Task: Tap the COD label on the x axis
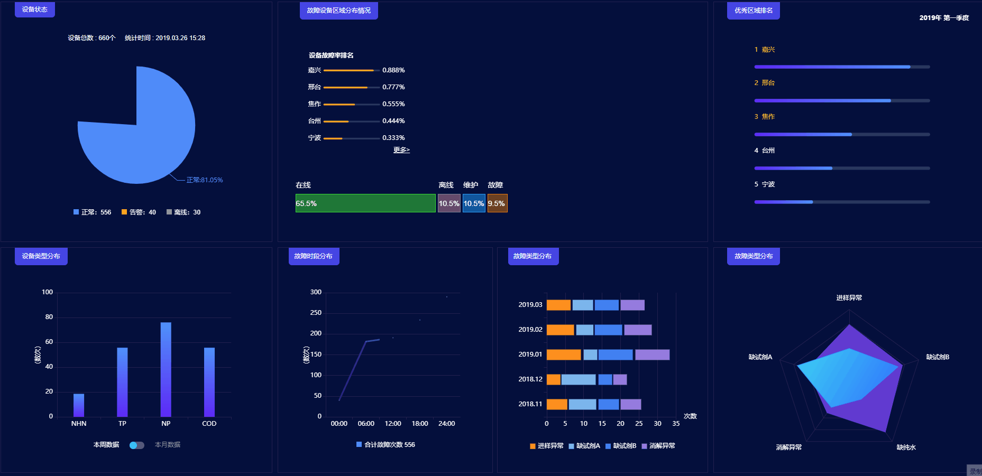pyautogui.click(x=209, y=424)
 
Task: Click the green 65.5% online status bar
pyautogui.click(x=365, y=203)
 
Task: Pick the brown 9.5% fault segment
pyautogui.click(x=497, y=203)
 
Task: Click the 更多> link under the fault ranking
pyautogui.click(x=401, y=150)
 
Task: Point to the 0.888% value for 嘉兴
pyautogui.click(x=393, y=70)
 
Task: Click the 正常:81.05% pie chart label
pyautogui.click(x=205, y=180)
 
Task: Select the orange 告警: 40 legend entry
pyautogui.click(x=139, y=212)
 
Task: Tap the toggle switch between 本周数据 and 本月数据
pyautogui.click(x=136, y=445)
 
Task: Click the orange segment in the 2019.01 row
pyautogui.click(x=563, y=354)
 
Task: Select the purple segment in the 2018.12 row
pyautogui.click(x=620, y=379)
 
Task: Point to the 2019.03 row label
pyautogui.click(x=530, y=305)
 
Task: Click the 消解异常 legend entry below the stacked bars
pyautogui.click(x=658, y=446)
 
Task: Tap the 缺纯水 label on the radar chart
pyautogui.click(x=906, y=447)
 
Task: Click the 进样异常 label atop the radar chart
pyautogui.click(x=849, y=298)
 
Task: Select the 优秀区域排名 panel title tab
pyautogui.click(x=753, y=11)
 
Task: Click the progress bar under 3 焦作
pyautogui.click(x=842, y=135)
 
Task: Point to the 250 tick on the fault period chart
pyautogui.click(x=316, y=313)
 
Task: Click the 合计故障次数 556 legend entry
pyautogui.click(x=386, y=445)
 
